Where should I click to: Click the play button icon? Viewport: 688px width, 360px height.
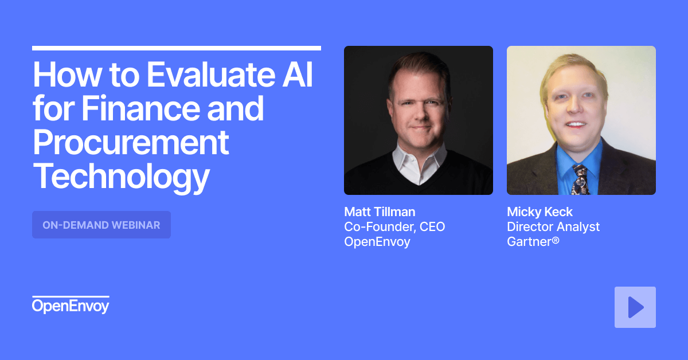click(635, 307)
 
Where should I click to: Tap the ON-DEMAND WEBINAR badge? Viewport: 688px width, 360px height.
click(101, 225)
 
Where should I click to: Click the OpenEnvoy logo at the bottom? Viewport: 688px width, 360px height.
click(70, 306)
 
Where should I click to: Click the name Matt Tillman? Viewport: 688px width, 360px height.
click(380, 212)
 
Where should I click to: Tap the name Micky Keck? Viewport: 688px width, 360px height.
click(540, 212)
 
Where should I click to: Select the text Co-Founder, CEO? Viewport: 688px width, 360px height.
click(394, 227)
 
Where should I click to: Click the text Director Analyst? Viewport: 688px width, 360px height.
click(553, 227)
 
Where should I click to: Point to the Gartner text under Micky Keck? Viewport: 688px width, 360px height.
click(533, 242)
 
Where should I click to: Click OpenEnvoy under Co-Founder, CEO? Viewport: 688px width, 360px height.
click(377, 242)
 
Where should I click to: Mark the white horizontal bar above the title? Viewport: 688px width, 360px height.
click(176, 48)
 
